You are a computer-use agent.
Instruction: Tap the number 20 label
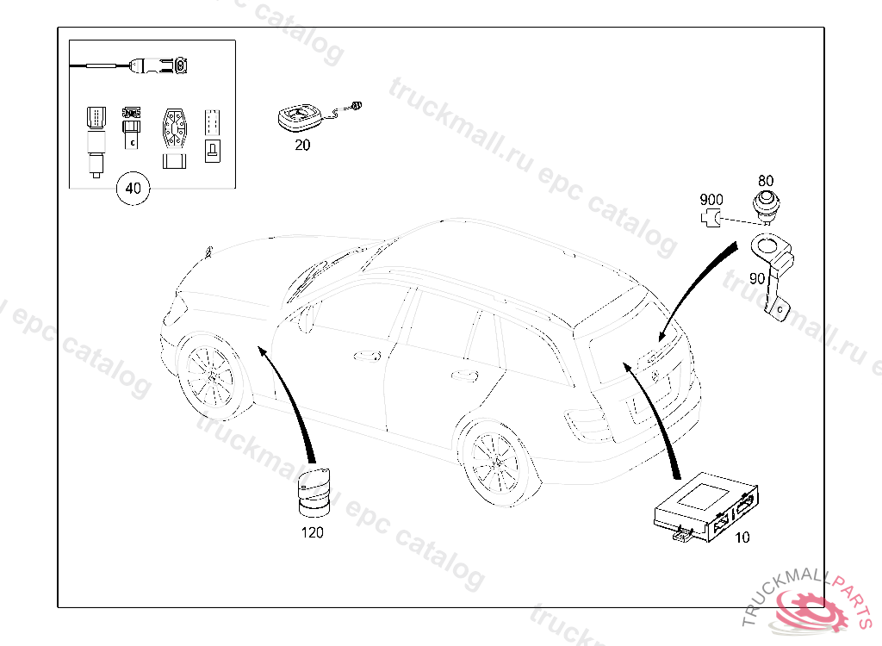tap(302, 146)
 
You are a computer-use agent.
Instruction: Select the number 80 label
tap(766, 181)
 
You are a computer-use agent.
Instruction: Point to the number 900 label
tap(711, 200)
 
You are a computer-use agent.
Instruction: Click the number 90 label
tap(757, 278)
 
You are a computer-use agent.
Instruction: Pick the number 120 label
tap(313, 532)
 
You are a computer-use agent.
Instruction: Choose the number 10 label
tap(742, 537)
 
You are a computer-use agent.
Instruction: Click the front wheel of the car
tap(208, 376)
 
